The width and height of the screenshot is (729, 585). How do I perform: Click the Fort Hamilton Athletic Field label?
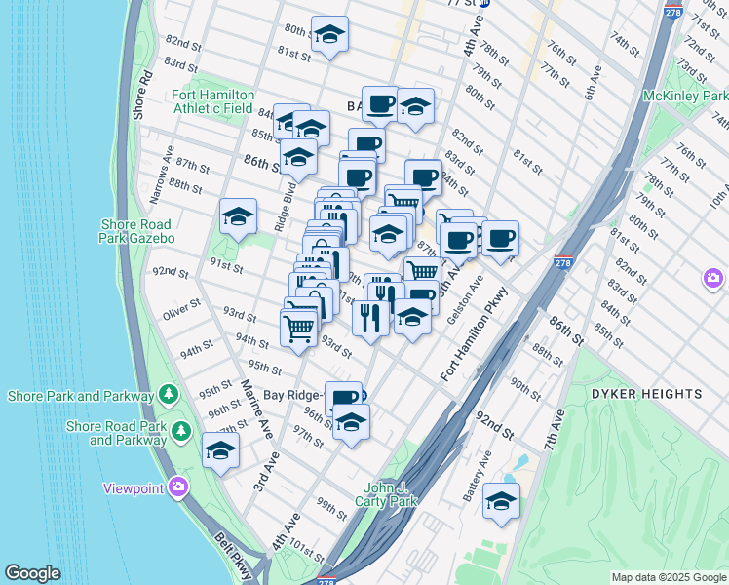click(213, 101)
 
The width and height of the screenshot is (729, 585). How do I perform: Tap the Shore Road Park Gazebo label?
click(137, 231)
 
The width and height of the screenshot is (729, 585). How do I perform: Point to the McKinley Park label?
click(685, 97)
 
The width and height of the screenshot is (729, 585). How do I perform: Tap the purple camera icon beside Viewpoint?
click(177, 487)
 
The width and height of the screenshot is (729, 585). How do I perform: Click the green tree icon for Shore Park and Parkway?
click(169, 395)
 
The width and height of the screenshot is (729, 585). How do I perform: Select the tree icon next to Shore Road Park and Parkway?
click(180, 430)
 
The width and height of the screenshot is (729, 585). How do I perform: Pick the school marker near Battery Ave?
click(501, 501)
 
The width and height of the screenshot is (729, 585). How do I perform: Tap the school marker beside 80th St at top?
click(329, 35)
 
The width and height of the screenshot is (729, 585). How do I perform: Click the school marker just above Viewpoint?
click(221, 450)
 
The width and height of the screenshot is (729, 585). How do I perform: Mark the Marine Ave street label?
click(255, 408)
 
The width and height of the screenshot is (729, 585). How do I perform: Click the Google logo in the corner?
click(33, 573)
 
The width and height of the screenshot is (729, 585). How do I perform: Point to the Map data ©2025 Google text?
click(668, 577)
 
